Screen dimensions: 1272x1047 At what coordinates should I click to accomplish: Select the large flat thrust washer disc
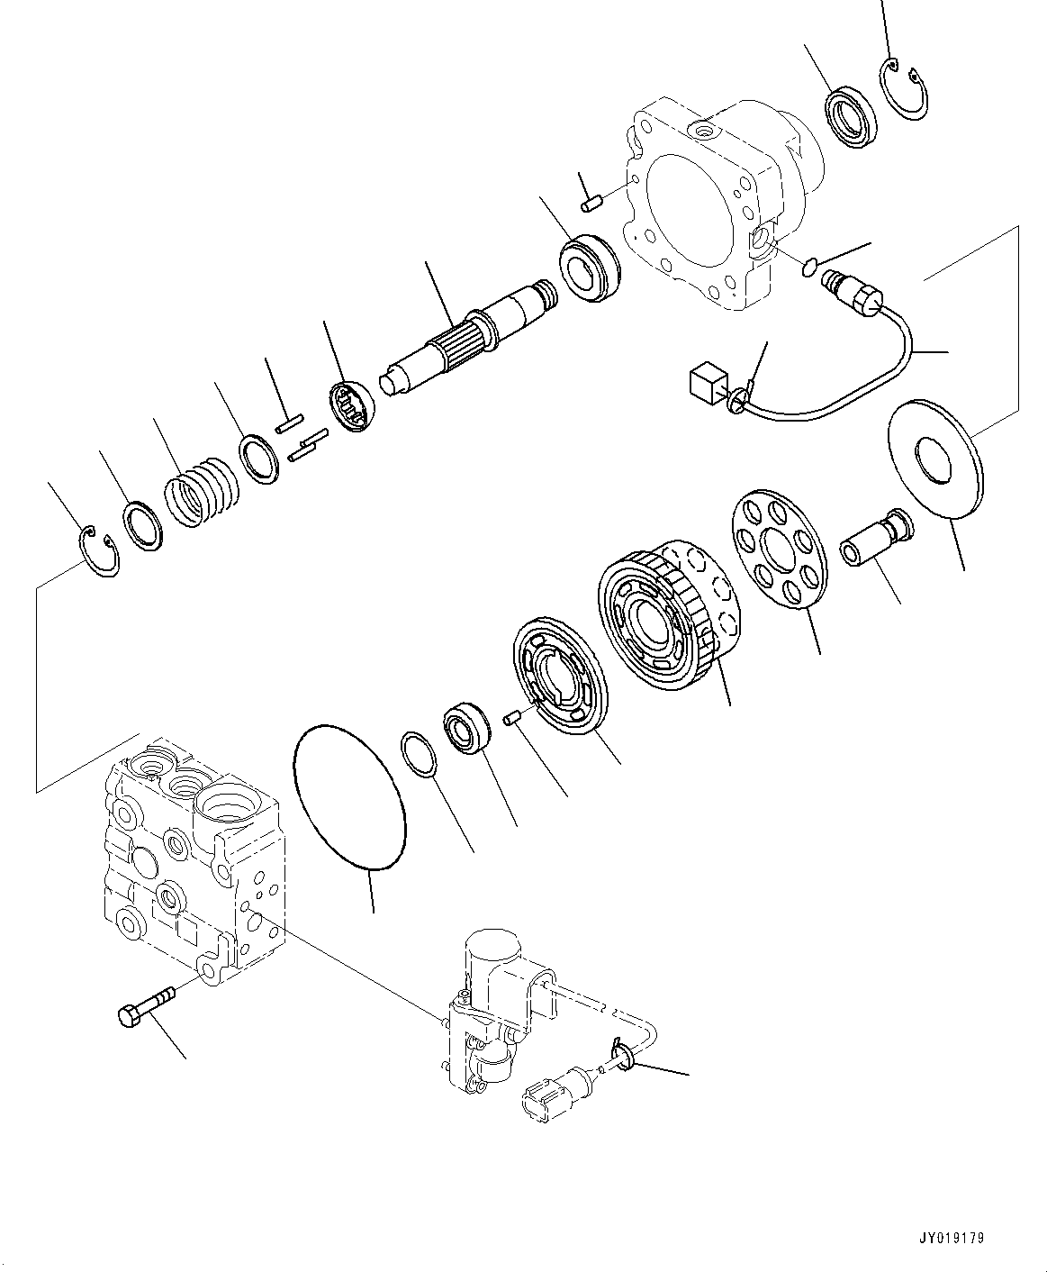point(935,458)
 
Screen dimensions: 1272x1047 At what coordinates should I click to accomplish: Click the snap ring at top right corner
point(907,89)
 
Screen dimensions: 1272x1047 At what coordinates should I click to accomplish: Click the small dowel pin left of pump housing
point(591,204)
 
